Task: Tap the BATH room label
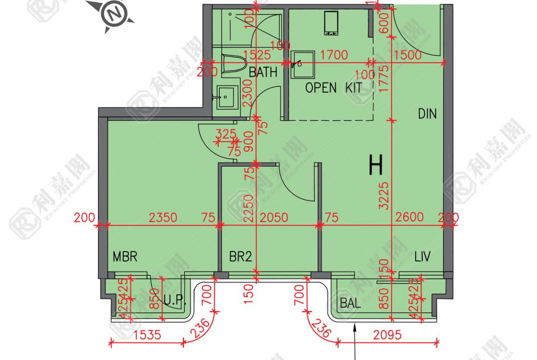pos(263,72)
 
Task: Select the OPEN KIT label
pos(333,88)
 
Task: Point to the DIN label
pos(427,114)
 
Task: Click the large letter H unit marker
pos(375,166)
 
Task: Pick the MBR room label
pos(125,256)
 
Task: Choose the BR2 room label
pos(241,257)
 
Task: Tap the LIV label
pos(422,256)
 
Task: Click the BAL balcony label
pos(350,303)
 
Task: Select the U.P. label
pos(174,301)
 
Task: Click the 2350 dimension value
pos(163,217)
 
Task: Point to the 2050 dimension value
pos(274,217)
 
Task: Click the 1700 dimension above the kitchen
pos(334,55)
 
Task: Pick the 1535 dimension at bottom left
pos(147,335)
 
